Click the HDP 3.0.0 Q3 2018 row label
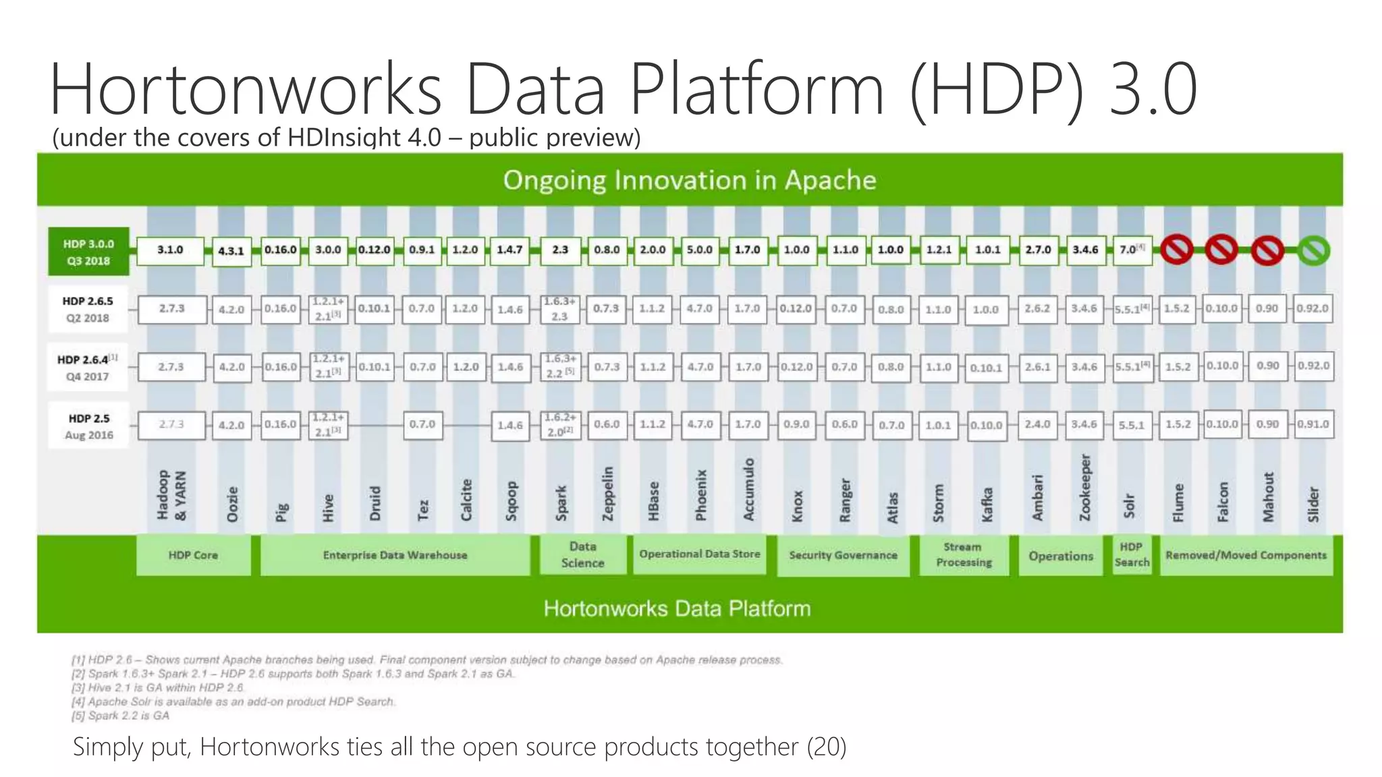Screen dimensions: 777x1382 (88, 252)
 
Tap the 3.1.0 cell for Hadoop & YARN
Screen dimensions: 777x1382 (170, 250)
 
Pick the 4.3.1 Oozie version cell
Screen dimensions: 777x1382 (231, 251)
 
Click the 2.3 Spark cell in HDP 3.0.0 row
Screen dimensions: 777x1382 (560, 250)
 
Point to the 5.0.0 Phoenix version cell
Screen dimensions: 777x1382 (700, 250)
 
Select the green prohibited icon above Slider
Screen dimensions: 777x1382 (1313, 251)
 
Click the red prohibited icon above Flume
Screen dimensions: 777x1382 (1177, 251)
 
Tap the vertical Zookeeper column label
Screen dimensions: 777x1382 (1085, 488)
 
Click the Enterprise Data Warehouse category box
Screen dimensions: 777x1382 (395, 555)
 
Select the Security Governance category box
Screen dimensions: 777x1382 (843, 555)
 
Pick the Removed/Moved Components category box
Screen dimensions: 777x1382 (1246, 555)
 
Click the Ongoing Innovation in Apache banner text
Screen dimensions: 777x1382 (689, 180)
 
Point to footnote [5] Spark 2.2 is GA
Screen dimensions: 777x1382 (121, 716)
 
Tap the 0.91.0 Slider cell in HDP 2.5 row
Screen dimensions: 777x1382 (1313, 425)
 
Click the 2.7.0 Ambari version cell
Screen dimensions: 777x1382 (1038, 250)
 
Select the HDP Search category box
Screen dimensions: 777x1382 (1132, 554)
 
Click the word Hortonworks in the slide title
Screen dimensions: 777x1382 (245, 90)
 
